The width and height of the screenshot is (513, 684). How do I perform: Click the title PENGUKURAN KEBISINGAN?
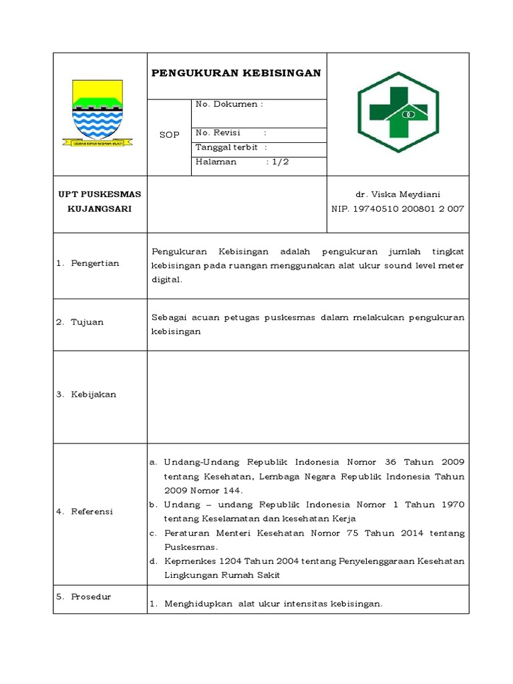click(x=236, y=73)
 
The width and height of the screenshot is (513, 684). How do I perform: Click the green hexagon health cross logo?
click(x=398, y=112)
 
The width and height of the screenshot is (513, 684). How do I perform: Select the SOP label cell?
click(x=169, y=135)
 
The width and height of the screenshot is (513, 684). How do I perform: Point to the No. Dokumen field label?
click(x=228, y=104)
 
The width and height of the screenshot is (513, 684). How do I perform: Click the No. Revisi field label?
click(x=218, y=132)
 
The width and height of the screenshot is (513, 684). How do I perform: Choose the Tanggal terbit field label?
click(x=227, y=147)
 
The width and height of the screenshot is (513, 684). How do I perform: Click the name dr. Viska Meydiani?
click(x=398, y=194)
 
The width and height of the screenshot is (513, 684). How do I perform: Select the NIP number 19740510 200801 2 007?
click(x=398, y=209)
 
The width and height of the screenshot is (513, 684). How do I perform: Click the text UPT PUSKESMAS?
click(x=100, y=194)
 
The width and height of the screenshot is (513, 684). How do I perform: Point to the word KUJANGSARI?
click(x=100, y=209)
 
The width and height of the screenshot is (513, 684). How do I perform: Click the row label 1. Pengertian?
click(x=88, y=263)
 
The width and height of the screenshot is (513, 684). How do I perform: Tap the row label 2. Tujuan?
click(x=79, y=322)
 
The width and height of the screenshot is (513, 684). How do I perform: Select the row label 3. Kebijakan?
click(x=86, y=394)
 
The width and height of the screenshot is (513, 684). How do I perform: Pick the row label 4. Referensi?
click(x=85, y=512)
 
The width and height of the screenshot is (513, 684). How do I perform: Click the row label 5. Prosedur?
click(x=83, y=596)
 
